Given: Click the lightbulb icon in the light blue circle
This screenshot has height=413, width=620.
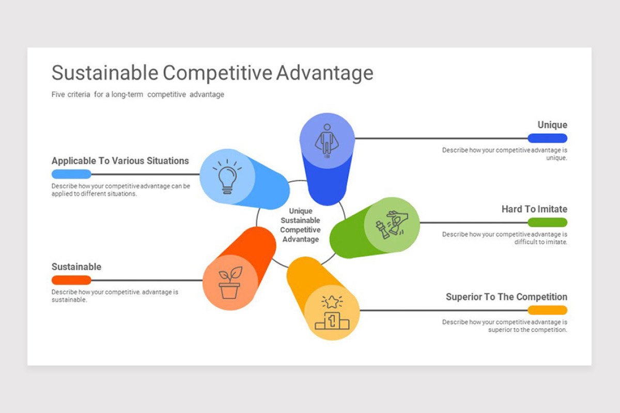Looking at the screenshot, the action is pyautogui.click(x=227, y=177).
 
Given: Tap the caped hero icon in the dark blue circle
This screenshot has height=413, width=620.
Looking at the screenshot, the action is pyautogui.click(x=327, y=141).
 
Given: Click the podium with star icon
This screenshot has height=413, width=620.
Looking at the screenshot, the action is pyautogui.click(x=332, y=312).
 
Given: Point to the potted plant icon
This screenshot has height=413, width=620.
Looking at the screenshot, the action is pyautogui.click(x=230, y=283).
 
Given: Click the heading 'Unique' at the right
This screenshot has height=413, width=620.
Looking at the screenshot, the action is pyautogui.click(x=552, y=125).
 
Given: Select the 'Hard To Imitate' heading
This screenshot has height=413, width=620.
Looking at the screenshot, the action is pyautogui.click(x=534, y=209).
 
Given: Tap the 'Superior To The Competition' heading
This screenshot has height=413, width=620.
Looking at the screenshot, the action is pyautogui.click(x=506, y=297).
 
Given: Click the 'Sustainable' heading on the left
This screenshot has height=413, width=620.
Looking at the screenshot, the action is pyautogui.click(x=76, y=267).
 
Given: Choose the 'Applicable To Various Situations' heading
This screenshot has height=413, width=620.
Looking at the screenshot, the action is pyautogui.click(x=120, y=161).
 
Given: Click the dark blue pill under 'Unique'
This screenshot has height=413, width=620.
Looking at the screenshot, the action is pyautogui.click(x=547, y=138).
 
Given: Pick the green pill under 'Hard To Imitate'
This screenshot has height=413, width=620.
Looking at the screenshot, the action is pyautogui.click(x=547, y=223).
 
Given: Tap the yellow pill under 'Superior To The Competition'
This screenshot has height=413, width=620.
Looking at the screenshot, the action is pyautogui.click(x=547, y=310).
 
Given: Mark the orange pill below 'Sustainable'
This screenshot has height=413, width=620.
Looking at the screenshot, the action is pyautogui.click(x=71, y=280).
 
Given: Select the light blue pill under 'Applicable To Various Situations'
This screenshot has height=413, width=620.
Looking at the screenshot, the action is pyautogui.click(x=71, y=174).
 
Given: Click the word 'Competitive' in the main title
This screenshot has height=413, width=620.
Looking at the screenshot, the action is pyautogui.click(x=218, y=73).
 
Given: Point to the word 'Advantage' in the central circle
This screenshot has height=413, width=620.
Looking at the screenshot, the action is pyautogui.click(x=301, y=239).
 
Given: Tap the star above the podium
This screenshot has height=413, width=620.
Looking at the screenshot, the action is pyautogui.click(x=332, y=302).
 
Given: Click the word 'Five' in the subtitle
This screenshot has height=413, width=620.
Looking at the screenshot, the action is pyautogui.click(x=58, y=94).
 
